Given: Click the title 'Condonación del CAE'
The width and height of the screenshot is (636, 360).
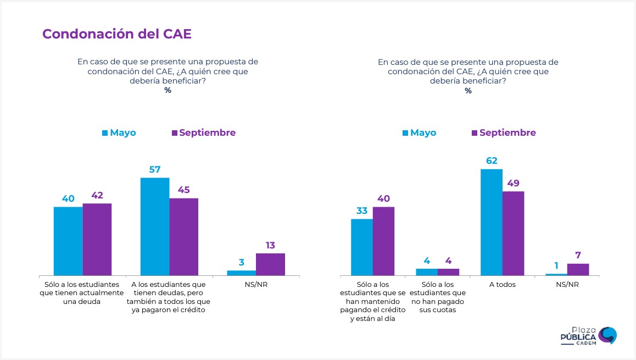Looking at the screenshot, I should point(117,34).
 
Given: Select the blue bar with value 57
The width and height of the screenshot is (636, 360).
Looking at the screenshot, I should point(155,226).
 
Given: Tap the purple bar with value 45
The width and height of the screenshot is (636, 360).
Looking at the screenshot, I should point(183,236).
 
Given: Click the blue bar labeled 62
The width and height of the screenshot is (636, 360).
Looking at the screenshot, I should point(492,222).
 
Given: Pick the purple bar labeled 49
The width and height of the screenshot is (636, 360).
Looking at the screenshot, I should point(513,233).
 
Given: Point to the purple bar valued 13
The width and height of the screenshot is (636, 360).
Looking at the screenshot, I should point(270,264).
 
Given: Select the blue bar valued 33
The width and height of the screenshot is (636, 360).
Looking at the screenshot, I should point(362,247).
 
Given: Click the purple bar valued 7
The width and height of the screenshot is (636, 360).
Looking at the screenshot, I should point(578,269).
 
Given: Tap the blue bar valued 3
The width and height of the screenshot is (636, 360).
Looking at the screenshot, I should point(241,273).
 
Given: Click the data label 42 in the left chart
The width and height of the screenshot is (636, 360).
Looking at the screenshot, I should point(97,195).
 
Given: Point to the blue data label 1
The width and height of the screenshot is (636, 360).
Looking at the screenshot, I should point(556,265).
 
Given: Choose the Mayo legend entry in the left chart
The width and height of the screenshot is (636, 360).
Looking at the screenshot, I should point(119,132).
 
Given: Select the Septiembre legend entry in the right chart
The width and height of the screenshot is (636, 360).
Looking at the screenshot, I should point(504,132).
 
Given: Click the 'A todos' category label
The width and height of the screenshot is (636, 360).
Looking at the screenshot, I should point(502,285).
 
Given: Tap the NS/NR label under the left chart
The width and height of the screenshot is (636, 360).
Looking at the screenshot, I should point(255,285).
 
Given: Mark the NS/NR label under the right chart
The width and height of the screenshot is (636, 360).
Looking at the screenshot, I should point(567,285).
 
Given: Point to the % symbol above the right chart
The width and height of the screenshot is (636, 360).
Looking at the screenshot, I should point(468,91).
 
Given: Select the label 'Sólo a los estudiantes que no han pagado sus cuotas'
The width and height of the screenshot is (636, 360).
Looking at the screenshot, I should point(437,297).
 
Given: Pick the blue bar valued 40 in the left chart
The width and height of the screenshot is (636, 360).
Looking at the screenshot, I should point(68,241).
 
